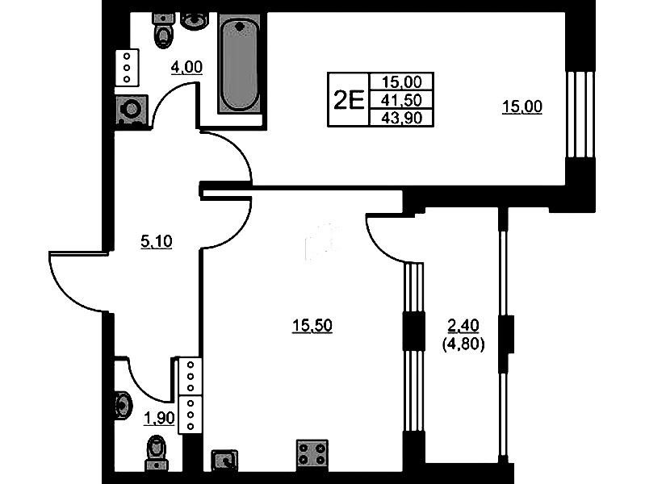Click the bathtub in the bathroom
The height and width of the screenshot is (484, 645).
(x=239, y=64)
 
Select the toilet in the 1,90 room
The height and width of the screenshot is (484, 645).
(x=157, y=453)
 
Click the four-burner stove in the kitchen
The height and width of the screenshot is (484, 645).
(x=312, y=454)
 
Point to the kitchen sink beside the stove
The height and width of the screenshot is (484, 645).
(x=224, y=460)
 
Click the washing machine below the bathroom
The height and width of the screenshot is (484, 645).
(x=132, y=110)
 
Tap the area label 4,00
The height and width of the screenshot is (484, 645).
(x=186, y=67)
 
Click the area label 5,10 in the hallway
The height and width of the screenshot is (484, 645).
(x=157, y=241)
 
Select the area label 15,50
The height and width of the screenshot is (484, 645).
(x=312, y=326)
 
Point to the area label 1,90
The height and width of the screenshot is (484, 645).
(x=159, y=418)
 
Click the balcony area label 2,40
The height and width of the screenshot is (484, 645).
(x=463, y=326)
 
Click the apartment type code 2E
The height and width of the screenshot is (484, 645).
(x=349, y=100)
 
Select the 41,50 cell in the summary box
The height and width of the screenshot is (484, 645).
(x=401, y=100)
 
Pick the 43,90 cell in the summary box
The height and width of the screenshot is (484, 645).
(x=401, y=118)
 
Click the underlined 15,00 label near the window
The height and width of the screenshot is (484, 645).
(x=522, y=107)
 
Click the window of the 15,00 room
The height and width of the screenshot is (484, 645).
(x=580, y=115)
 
